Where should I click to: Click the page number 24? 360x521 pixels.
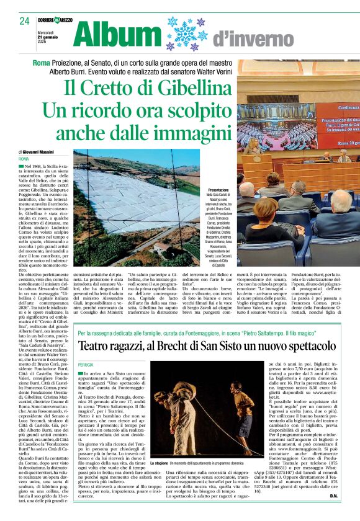[24, 21]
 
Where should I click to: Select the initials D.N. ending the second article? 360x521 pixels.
[333, 513]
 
